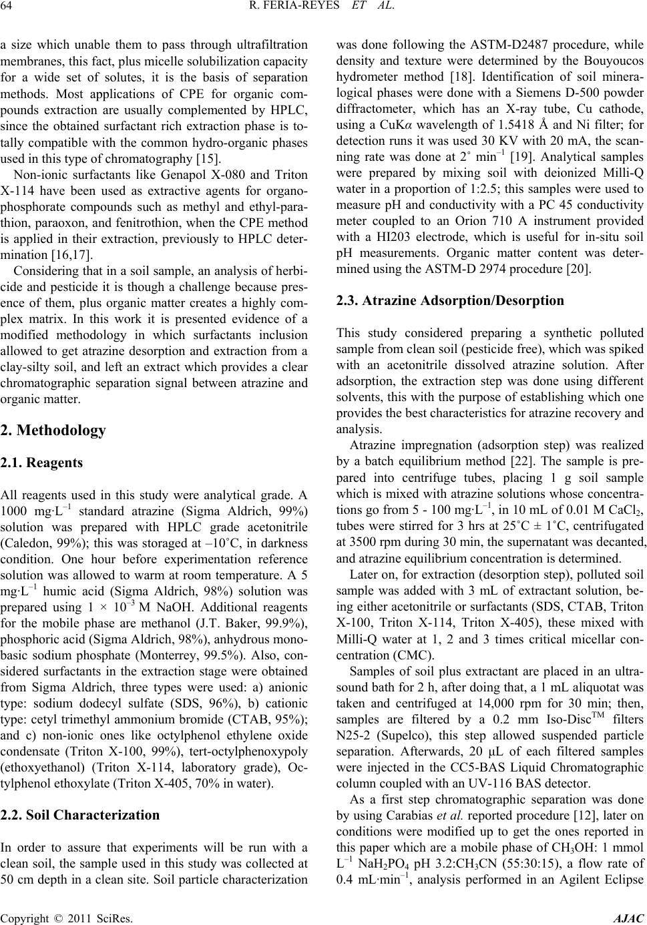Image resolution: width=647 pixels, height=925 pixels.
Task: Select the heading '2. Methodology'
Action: (x=53, y=430)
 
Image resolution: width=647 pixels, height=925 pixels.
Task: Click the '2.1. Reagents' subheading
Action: (x=41, y=462)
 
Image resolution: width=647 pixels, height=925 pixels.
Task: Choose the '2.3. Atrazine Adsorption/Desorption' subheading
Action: (x=450, y=300)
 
